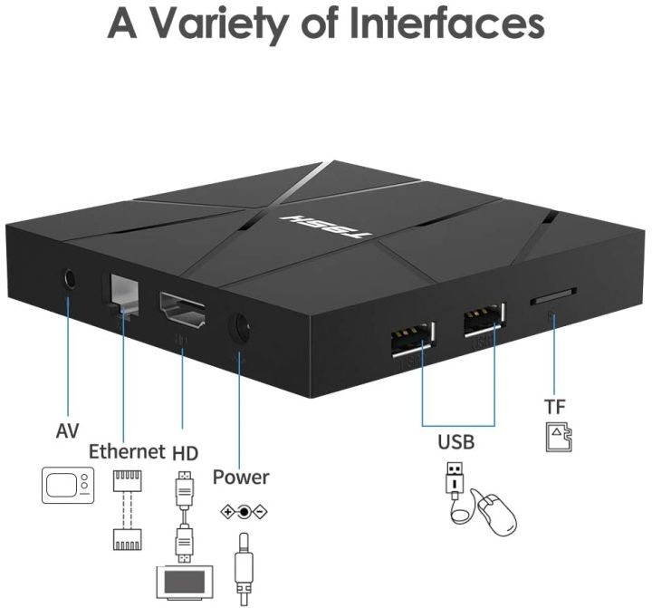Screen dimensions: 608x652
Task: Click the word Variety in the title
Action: pyautogui.click(x=216, y=24)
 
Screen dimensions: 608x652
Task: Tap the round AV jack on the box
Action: pyautogui.click(x=67, y=277)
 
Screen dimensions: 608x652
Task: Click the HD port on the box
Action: pyautogui.click(x=183, y=313)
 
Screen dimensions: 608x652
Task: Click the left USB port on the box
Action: pyautogui.click(x=412, y=340)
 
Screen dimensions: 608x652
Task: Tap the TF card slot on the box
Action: pyautogui.click(x=551, y=297)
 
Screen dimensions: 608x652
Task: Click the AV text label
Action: pyautogui.click(x=67, y=431)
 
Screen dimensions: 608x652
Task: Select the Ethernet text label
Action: pyautogui.click(x=126, y=451)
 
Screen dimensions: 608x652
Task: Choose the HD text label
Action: pyautogui.click(x=185, y=451)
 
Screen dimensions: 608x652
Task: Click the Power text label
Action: pyautogui.click(x=241, y=477)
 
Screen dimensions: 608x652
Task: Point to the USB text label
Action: pyautogui.click(x=456, y=443)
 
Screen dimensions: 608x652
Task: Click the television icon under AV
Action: pyautogui.click(x=68, y=485)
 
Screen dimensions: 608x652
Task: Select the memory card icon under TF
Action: pyautogui.click(x=557, y=438)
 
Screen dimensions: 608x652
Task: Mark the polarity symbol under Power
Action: pyautogui.click(x=243, y=511)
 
